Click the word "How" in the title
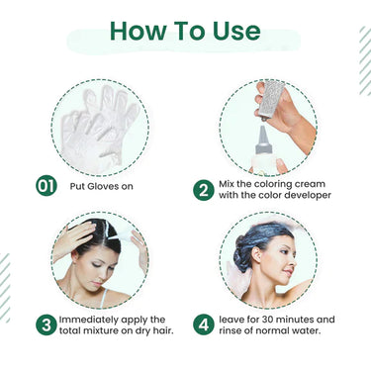point(138,31)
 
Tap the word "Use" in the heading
point(236,31)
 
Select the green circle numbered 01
point(46,185)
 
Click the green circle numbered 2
point(204,190)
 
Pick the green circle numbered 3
point(46,325)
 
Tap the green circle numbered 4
point(204,325)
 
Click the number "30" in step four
point(268,320)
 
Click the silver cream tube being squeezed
point(270,99)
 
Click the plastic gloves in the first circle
point(99,127)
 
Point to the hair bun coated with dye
point(242,254)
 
